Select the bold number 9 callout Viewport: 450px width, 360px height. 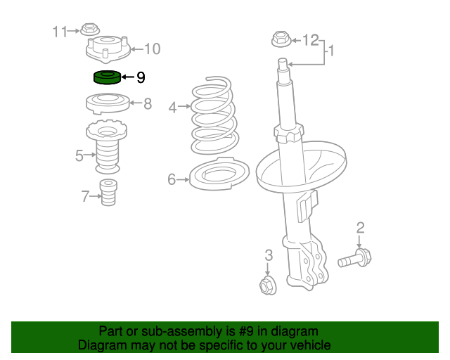pyautogui.click(x=141, y=77)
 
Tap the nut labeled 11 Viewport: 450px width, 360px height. pyautogui.click(x=89, y=30)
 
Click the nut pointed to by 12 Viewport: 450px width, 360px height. pyautogui.click(x=281, y=39)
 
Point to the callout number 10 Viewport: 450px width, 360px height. pyautogui.click(x=152, y=49)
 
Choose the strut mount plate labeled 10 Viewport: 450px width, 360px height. pyautogui.click(x=108, y=50)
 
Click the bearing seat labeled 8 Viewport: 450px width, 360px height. pyautogui.click(x=108, y=103)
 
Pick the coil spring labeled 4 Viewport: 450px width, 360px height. pyautogui.click(x=214, y=115)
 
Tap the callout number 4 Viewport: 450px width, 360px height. pyautogui.click(x=172, y=108)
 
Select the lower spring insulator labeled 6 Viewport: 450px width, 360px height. pyautogui.click(x=219, y=174)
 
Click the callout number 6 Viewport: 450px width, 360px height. pyautogui.click(x=172, y=179)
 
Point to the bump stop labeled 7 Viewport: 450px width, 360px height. pyautogui.click(x=108, y=193)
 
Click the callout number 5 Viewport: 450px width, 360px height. pyautogui.click(x=79, y=155)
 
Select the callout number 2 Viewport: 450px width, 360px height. pyautogui.click(x=361, y=228)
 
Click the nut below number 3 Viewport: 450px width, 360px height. pyautogui.click(x=268, y=285)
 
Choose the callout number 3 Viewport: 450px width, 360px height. pyautogui.click(x=269, y=255)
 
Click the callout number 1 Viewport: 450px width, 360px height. pyautogui.click(x=331, y=51)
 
